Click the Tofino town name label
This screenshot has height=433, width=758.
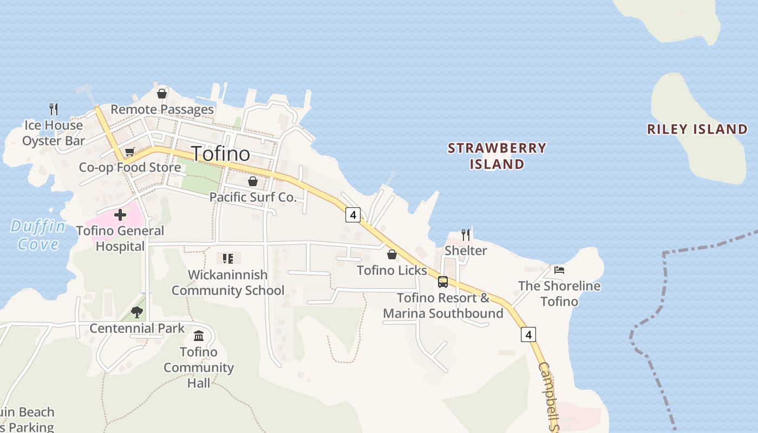(x=221, y=154)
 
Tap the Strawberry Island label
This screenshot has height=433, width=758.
(x=497, y=156)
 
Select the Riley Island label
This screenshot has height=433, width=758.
(x=697, y=129)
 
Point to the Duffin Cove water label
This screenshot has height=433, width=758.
(x=38, y=235)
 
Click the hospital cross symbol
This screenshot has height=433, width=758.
(x=120, y=215)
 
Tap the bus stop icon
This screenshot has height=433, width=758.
(x=443, y=281)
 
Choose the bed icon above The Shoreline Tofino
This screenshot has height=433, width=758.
(x=559, y=270)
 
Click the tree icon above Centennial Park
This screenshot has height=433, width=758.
(x=137, y=312)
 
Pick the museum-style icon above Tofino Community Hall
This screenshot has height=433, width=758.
(x=199, y=336)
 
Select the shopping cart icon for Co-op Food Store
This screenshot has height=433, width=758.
(x=129, y=152)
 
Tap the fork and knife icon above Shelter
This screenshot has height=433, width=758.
(x=466, y=234)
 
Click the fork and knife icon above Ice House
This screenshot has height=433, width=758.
(x=54, y=109)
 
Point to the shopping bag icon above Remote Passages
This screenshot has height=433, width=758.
(x=161, y=94)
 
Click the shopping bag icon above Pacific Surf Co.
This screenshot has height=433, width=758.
(x=253, y=181)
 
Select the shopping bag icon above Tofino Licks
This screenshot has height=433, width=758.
(x=392, y=254)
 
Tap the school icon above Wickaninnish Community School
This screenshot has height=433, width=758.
(x=228, y=259)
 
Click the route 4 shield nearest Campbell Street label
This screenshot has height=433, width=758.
(x=528, y=334)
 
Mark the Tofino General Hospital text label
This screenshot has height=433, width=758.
(x=120, y=238)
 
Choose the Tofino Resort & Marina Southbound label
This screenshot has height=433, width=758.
(x=443, y=306)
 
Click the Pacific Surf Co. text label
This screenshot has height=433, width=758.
(x=253, y=197)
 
